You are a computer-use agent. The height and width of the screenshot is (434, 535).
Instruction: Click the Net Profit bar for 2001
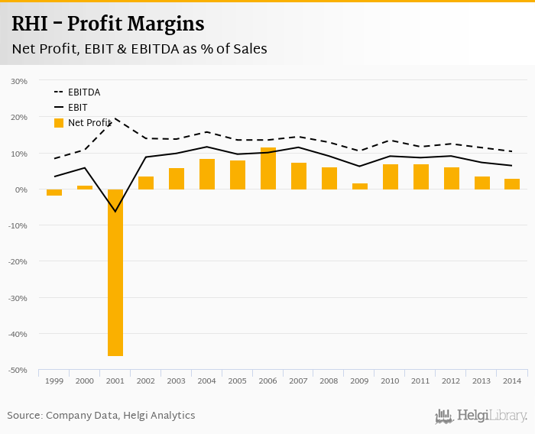(x=115, y=272)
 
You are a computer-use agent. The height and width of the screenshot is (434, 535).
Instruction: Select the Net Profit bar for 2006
(x=268, y=168)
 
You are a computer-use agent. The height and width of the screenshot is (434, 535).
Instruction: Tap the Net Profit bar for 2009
(x=360, y=186)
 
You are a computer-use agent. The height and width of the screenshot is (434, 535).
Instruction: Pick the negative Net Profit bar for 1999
(x=54, y=193)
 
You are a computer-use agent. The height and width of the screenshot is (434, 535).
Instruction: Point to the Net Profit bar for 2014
(x=513, y=184)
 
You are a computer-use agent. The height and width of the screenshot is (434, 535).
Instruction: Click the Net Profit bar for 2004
(x=207, y=174)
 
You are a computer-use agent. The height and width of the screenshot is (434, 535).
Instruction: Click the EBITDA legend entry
(x=84, y=92)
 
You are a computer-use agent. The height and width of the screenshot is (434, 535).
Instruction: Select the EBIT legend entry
(x=77, y=108)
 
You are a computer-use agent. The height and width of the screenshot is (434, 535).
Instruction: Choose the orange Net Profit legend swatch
(x=59, y=122)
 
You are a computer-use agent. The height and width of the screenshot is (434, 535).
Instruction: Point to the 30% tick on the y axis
(x=19, y=81)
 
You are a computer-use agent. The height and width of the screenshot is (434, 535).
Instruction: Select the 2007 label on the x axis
(x=299, y=381)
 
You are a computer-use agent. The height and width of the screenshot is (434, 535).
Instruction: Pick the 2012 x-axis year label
(x=452, y=381)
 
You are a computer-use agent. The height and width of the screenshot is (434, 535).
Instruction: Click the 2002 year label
(x=146, y=381)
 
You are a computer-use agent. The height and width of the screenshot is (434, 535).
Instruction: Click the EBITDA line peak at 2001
(x=115, y=118)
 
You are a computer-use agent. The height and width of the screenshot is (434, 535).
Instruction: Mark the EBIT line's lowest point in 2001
(x=115, y=212)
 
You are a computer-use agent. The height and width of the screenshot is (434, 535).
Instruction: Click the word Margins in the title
(x=162, y=24)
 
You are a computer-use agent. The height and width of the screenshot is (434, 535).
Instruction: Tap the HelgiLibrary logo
(x=481, y=416)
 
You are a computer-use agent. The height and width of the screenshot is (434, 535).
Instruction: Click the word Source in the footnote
(x=24, y=416)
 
